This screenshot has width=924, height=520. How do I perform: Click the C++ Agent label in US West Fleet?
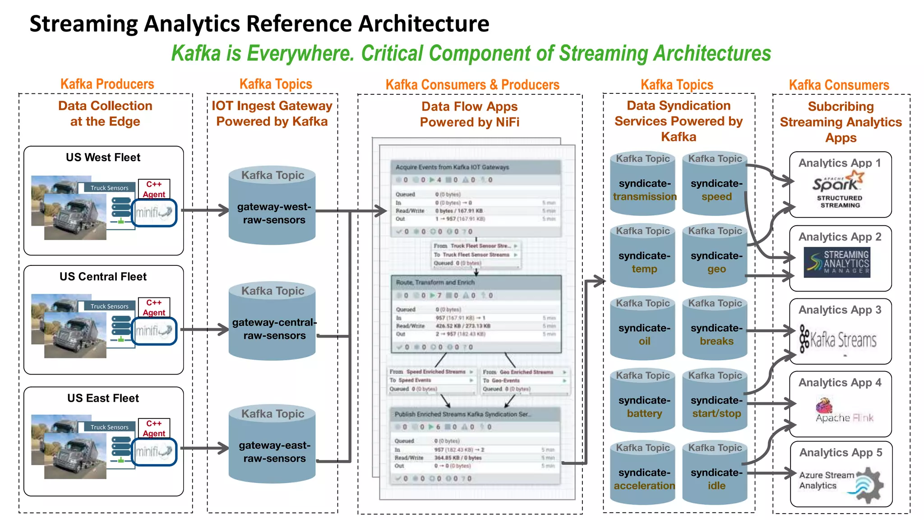coord(154,189)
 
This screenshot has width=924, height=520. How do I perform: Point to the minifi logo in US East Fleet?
coord(154,451)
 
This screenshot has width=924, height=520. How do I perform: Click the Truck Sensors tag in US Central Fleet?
coord(110,306)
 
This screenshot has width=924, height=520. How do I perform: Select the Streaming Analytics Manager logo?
coord(837,262)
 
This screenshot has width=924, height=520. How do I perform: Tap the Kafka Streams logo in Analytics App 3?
coord(838,339)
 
